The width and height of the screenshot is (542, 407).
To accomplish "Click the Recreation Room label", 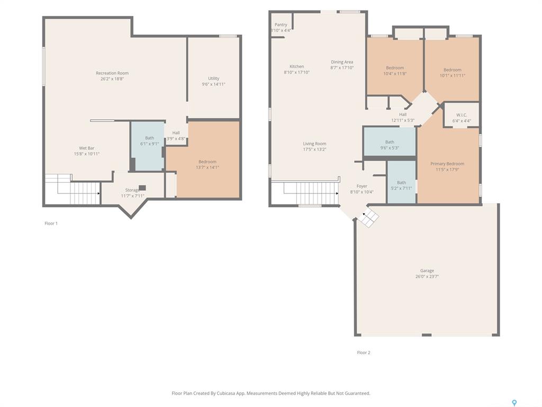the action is [x=112, y=73].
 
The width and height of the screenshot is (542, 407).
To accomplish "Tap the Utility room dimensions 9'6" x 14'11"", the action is [x=213, y=84].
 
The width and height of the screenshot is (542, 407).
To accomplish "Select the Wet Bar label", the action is [x=86, y=148].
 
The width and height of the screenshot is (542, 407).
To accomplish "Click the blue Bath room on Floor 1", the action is [x=148, y=146].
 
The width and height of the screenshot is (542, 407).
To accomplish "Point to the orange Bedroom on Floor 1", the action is [x=207, y=159].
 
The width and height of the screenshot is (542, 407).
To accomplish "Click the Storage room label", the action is [x=132, y=190].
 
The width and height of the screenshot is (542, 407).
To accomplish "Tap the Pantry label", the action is [x=281, y=24].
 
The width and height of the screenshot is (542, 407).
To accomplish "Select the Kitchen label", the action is [x=296, y=66].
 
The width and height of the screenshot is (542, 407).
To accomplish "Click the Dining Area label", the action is [x=342, y=62].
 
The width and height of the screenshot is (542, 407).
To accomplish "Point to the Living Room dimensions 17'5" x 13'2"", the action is [x=314, y=149].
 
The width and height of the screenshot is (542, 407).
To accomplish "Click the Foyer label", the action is [x=362, y=186].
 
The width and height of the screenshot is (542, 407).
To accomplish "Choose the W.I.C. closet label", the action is [x=462, y=115].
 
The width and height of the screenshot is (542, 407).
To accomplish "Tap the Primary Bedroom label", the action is [x=447, y=164].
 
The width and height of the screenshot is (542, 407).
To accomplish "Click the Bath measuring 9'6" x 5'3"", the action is [x=390, y=141].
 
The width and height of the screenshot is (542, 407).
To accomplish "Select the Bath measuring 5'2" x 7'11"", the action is [x=401, y=182].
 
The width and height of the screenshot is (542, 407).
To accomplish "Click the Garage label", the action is [x=427, y=271].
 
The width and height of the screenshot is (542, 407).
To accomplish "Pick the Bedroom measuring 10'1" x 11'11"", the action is [x=452, y=69].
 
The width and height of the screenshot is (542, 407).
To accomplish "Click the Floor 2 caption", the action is [x=363, y=352].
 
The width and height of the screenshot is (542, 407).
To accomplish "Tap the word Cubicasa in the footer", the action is [x=227, y=393].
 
